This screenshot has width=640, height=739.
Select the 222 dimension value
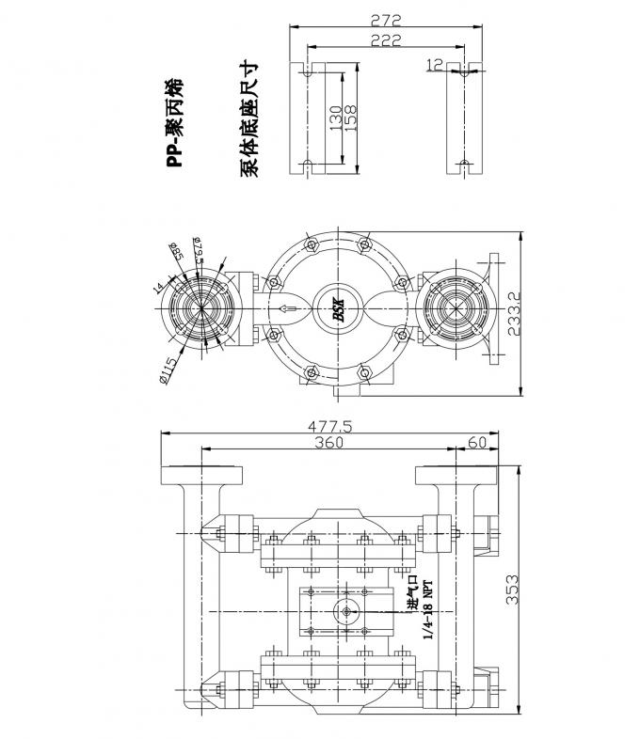385,39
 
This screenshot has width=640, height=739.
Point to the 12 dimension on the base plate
436,65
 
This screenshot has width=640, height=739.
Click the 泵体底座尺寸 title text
249,118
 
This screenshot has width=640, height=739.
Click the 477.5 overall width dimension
329,426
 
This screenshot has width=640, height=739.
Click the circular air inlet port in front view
348,612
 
